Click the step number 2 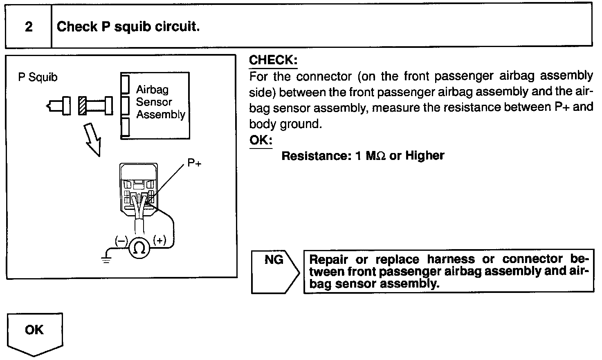point(29,27)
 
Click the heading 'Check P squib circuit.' point(128,27)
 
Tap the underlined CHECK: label point(273,60)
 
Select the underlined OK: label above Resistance point(261,140)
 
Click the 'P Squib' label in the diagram point(38,77)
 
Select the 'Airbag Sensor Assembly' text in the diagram point(160,102)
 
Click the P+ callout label point(195,163)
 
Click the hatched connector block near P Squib point(82,106)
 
